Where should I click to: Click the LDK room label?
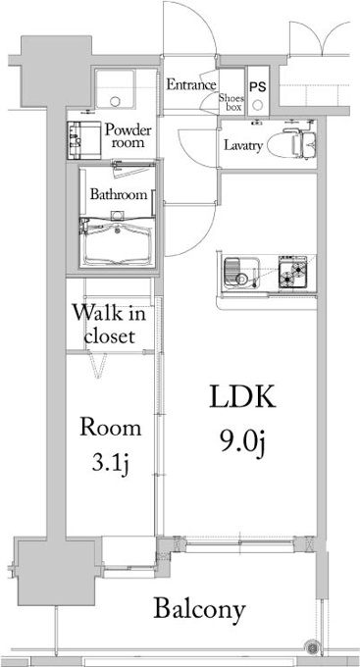point(242,397)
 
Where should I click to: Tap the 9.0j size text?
point(242,442)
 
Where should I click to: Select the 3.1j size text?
point(110,464)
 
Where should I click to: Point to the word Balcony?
point(199,610)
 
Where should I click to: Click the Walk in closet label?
point(109,325)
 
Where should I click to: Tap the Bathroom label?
point(119,195)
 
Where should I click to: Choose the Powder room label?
point(128,135)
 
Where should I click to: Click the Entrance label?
point(190,85)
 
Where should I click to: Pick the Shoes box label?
point(231,102)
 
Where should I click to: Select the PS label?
point(257,87)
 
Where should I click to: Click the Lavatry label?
point(243,146)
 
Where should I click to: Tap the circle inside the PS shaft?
point(258,105)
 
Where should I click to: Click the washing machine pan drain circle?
point(116,101)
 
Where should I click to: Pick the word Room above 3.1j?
point(111,428)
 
